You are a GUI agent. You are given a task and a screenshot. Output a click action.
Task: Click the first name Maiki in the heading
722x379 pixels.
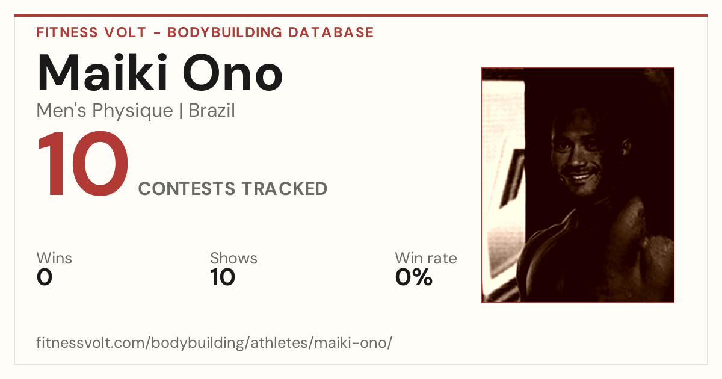[x=102, y=73]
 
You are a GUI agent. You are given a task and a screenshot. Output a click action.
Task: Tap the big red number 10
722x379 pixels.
[x=83, y=163]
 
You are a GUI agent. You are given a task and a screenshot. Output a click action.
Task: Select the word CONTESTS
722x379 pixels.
[x=187, y=189]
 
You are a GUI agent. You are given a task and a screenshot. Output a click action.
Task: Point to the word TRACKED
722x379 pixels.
[x=284, y=189]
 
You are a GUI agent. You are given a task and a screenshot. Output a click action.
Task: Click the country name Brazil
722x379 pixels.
[x=212, y=111]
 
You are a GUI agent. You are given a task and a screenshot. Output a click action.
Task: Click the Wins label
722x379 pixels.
[x=54, y=258]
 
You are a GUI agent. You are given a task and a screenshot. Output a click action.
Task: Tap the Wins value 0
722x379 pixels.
[x=45, y=277]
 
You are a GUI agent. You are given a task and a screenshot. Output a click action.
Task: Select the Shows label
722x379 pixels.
[x=233, y=258]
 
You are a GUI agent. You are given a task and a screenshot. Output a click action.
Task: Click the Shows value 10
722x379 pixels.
[x=223, y=277]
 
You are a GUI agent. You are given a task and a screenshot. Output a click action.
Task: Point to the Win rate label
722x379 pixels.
[x=426, y=258]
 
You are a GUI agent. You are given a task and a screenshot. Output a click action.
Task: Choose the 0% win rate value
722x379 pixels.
[x=413, y=277]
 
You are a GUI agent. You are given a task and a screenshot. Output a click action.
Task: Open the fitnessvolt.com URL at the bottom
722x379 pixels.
[x=214, y=342]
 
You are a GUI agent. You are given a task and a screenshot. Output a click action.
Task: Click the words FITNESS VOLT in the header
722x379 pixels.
[x=91, y=32]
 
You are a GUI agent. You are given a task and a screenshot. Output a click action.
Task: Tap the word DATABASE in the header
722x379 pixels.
[x=331, y=32]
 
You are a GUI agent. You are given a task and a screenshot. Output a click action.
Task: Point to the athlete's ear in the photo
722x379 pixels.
[x=626, y=147]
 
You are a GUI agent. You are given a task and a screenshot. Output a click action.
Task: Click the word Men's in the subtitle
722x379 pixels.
[x=61, y=111]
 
